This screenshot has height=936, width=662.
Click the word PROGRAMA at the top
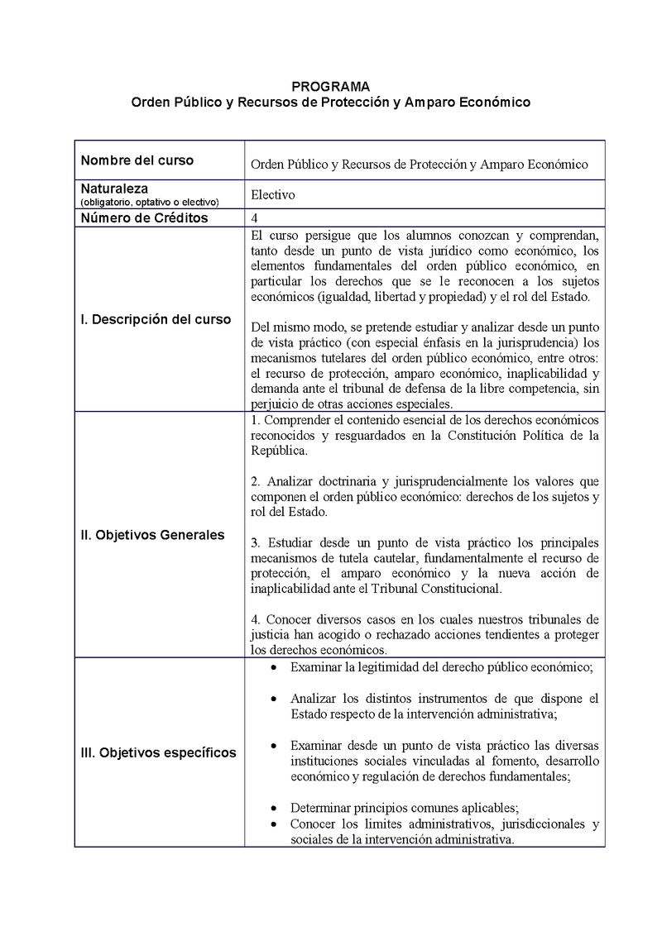point(331,86)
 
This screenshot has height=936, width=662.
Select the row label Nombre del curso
point(137,160)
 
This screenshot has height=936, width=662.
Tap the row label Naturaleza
point(114,189)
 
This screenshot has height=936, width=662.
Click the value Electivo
point(272,195)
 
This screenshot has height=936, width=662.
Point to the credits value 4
point(254,218)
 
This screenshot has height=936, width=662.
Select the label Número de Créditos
point(144,218)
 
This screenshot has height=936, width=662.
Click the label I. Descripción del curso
point(156,320)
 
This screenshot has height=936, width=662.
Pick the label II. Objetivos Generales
point(152,535)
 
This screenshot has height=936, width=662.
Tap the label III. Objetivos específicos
point(158,752)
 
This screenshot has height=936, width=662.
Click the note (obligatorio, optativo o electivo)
point(149,202)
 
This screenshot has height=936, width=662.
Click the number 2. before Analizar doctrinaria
point(254,481)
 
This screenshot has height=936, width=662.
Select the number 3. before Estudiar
point(254,542)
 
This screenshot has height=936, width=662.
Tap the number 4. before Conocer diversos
point(254,619)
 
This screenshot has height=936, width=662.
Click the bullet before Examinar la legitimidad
point(274,666)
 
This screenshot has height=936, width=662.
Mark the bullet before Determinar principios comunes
point(274,808)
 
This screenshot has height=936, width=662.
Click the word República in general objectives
point(277,451)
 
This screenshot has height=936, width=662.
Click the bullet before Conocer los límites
point(274,824)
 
